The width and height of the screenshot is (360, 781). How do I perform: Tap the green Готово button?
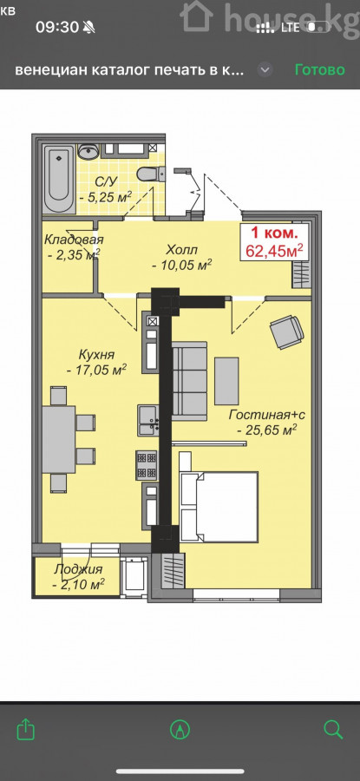[x=320, y=69]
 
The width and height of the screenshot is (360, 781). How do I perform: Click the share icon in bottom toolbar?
[x=26, y=730]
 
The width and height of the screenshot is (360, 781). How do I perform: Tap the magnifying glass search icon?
[x=333, y=730]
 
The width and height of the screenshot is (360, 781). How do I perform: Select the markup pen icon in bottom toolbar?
[x=180, y=730]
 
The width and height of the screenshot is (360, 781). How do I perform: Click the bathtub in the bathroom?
[x=59, y=179]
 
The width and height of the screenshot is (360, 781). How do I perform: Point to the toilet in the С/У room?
[x=151, y=174]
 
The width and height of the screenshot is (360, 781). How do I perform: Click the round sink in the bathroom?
[x=89, y=151]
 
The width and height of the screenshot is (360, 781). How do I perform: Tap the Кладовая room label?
[x=74, y=240]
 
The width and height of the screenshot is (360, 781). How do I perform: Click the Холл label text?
[x=182, y=250]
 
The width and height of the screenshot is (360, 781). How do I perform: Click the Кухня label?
[x=96, y=355]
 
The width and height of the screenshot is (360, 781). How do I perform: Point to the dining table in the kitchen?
[x=59, y=439]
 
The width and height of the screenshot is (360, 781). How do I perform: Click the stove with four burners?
[x=147, y=465]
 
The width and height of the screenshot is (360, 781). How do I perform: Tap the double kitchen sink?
[x=148, y=420]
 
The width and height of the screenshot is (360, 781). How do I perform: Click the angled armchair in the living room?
[x=287, y=331]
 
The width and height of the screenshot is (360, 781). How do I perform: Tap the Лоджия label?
[x=78, y=569]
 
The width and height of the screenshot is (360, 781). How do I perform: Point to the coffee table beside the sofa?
[x=226, y=381]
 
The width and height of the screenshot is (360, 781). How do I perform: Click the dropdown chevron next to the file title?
[x=265, y=69]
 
